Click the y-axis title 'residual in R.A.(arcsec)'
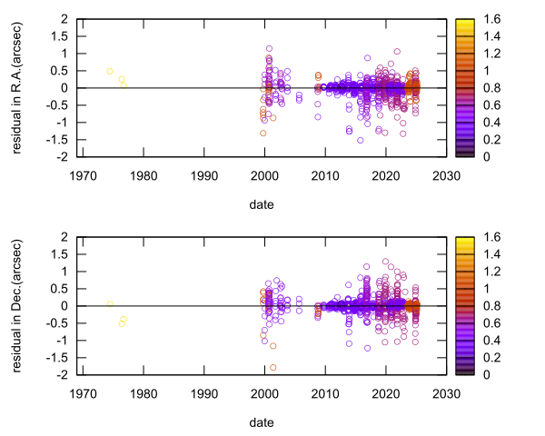18,87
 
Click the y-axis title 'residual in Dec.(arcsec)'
18,305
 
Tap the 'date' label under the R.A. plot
263,205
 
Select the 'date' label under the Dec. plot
263,423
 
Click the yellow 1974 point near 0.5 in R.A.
110,71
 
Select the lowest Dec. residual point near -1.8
272,367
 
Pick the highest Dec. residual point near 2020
385,262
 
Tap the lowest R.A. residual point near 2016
360,140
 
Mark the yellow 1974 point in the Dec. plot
110,303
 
